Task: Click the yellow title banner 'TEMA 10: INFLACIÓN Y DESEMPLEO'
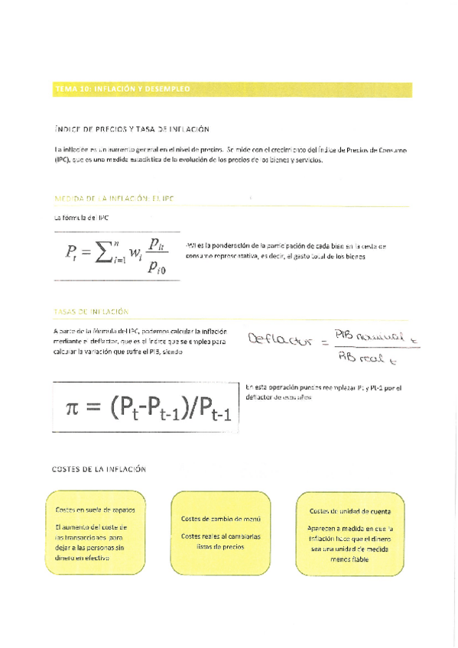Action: (122, 90)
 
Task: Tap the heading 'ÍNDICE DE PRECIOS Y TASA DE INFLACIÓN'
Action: (132, 130)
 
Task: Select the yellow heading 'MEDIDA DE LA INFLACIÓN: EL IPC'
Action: (115, 199)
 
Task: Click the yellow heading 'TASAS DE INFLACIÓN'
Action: (91, 312)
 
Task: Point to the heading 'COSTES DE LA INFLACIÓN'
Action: (99, 469)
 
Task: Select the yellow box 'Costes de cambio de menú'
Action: (221, 533)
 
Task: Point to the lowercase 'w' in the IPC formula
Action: (135, 254)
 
